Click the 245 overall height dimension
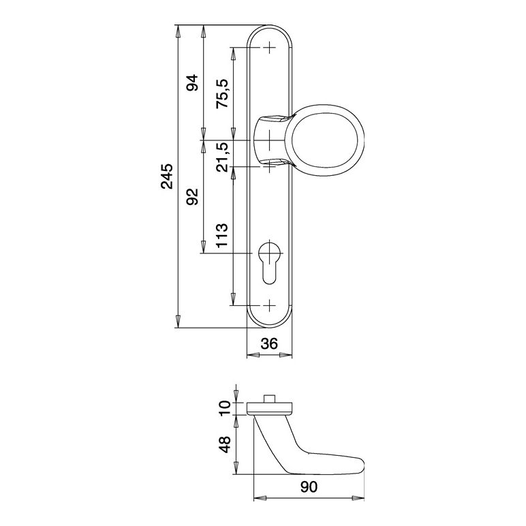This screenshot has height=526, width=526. coord(167,176)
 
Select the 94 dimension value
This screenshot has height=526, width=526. coord(193,83)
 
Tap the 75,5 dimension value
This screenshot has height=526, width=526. coord(221,93)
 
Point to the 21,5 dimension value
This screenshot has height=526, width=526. coord(221,157)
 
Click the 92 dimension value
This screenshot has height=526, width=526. coord(193,197)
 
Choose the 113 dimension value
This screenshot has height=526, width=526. coord(221,236)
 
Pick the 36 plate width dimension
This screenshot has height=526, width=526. coord(269,343)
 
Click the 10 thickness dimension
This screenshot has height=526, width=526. coord(225,408)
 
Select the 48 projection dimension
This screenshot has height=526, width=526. coord(225,444)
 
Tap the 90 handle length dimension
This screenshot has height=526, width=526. coord(309,487)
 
